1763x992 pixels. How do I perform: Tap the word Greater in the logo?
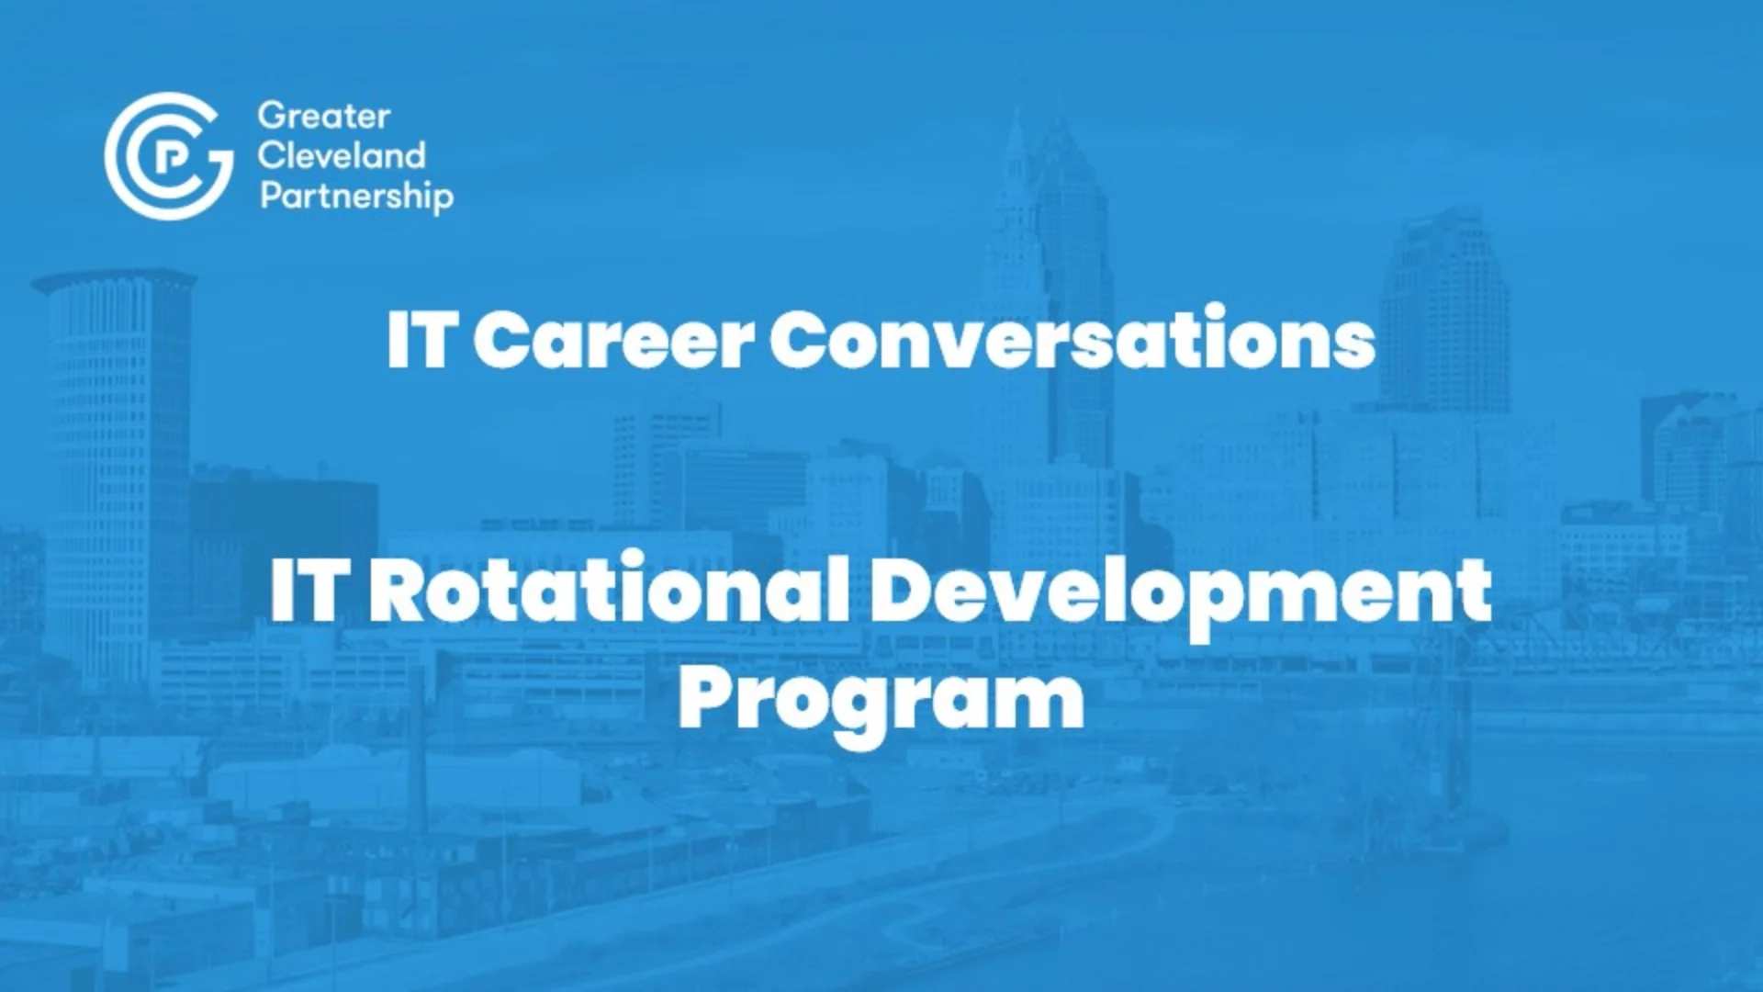tap(324, 116)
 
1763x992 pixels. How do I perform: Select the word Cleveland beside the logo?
tap(342, 155)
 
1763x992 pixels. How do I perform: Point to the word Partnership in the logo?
tap(357, 197)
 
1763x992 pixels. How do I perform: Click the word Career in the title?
tap(613, 340)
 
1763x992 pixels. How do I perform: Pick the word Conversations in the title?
tap(1072, 338)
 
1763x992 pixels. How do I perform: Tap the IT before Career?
tap(421, 339)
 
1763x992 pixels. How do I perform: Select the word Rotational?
tap(609, 589)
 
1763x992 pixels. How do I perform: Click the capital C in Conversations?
tap(803, 339)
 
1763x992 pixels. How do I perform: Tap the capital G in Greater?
tap(275, 117)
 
